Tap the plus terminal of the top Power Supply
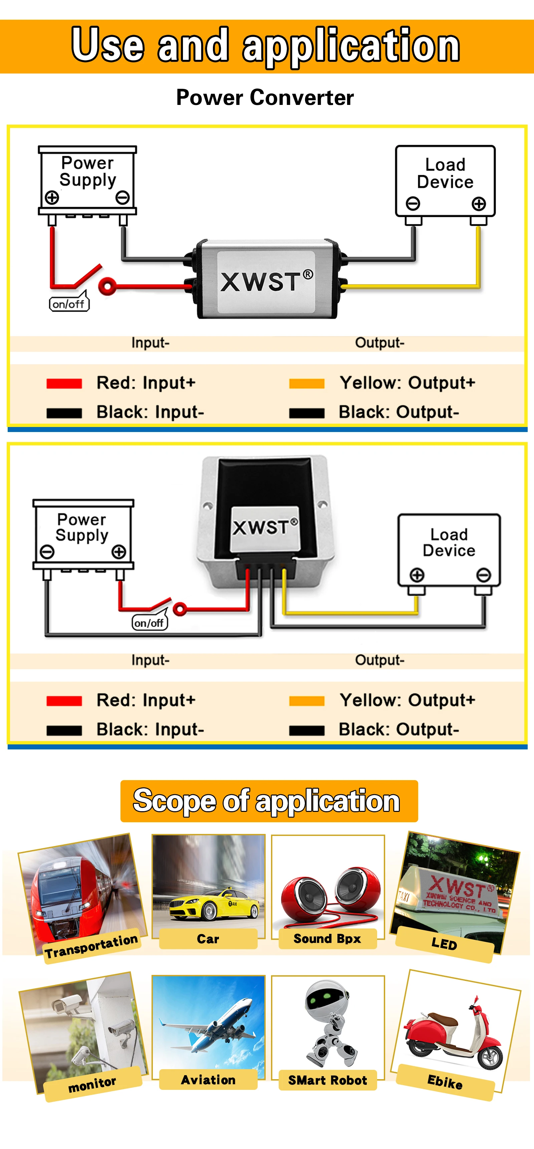pos(52,197)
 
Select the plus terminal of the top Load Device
pos(479,204)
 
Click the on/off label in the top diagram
pos(69,304)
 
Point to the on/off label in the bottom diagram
pos(149,623)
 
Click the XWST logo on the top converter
pos(267,281)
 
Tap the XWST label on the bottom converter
pos(265,527)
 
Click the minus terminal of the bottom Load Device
pos(484,575)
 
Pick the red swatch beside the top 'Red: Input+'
pos(64,384)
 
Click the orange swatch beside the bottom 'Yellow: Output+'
pos(307,701)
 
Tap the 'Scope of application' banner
pos(269,801)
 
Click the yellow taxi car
pos(214,903)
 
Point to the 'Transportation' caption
pos(91,946)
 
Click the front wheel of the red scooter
pos(490,1056)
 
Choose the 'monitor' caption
pos(92,1084)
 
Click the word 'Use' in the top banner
pos(108,45)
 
